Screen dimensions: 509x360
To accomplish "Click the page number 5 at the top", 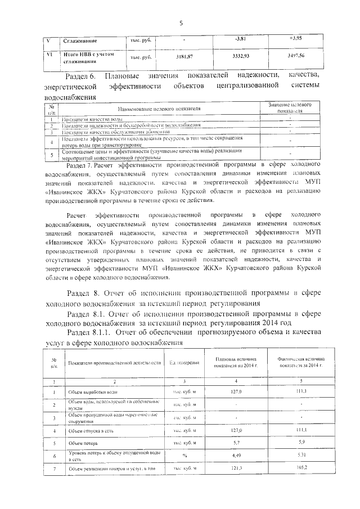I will pos(181,23).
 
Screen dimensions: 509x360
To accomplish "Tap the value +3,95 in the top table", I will pos(296,39).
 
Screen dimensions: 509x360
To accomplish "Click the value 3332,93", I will pos(240,57).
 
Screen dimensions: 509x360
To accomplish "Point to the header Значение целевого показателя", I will pos(290,108).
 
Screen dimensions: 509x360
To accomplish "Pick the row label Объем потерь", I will pos(83,444).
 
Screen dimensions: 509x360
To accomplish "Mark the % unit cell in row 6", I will pos(184,456).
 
